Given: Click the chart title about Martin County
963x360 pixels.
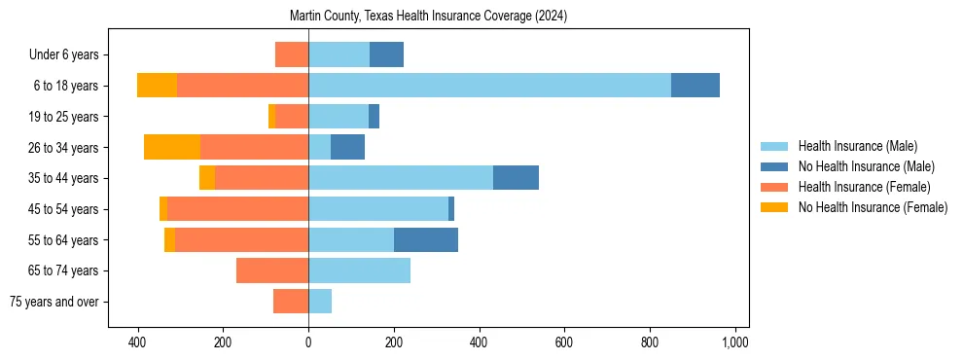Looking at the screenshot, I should click(428, 17).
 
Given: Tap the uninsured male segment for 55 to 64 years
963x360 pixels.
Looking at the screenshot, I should click(426, 239).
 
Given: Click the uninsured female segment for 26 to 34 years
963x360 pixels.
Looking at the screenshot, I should click(172, 147).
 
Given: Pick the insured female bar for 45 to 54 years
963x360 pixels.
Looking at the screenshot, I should click(238, 208).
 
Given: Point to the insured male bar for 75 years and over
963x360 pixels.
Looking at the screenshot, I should click(320, 302).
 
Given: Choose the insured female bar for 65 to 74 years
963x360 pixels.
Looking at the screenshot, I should click(272, 270).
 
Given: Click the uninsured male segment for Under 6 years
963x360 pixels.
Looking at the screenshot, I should click(386, 54).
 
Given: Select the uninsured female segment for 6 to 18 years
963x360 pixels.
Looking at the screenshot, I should click(157, 86).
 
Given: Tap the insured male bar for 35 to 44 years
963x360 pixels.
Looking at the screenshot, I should click(401, 178).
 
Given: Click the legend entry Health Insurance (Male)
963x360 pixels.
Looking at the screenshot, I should click(857, 146).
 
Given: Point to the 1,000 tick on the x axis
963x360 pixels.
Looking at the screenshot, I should click(734, 342).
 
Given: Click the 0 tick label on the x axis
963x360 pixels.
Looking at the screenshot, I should click(308, 342).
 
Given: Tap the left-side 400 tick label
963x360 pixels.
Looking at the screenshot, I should click(137, 342).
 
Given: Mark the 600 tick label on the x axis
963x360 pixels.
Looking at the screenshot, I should click(564, 342).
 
